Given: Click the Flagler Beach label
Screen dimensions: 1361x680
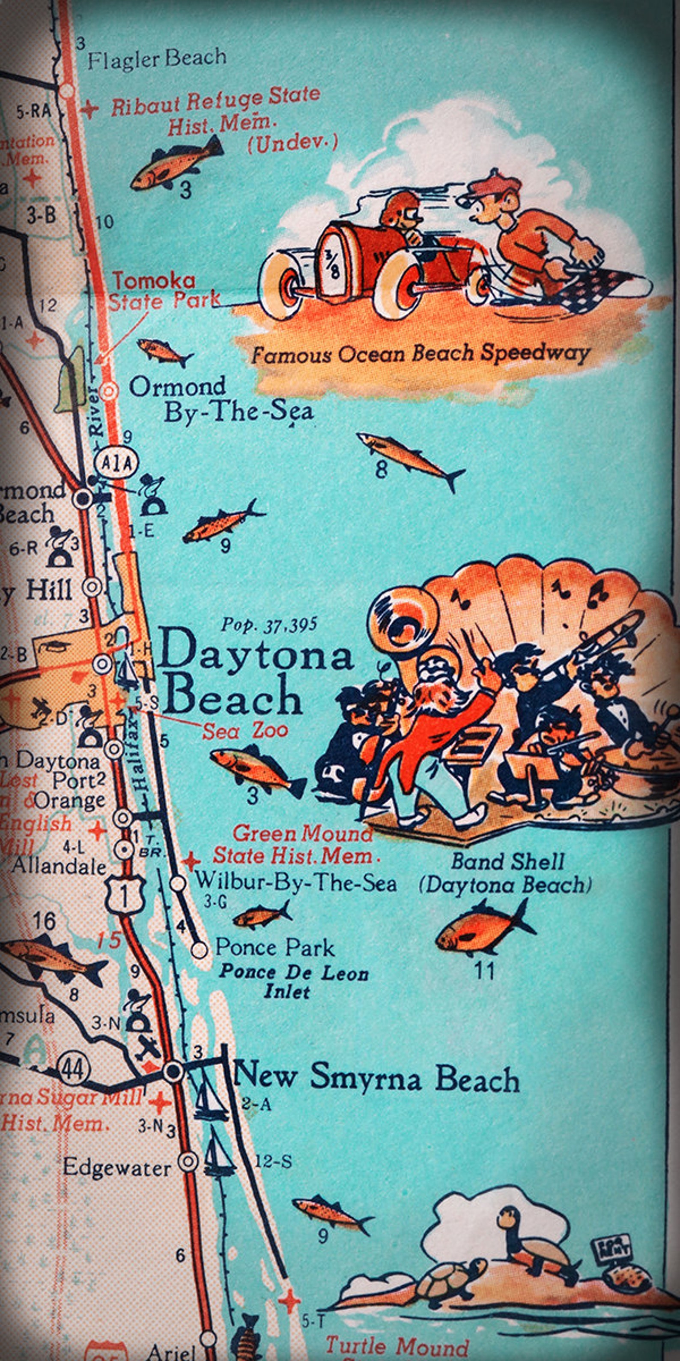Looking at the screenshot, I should click(x=157, y=59).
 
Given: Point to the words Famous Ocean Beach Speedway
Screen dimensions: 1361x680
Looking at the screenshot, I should click(x=420, y=354).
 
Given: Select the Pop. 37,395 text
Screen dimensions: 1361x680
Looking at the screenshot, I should click(x=269, y=625).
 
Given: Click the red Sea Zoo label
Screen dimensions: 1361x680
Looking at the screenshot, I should click(x=245, y=731).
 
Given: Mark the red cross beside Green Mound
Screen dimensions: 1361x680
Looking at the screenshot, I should click(x=191, y=862).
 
